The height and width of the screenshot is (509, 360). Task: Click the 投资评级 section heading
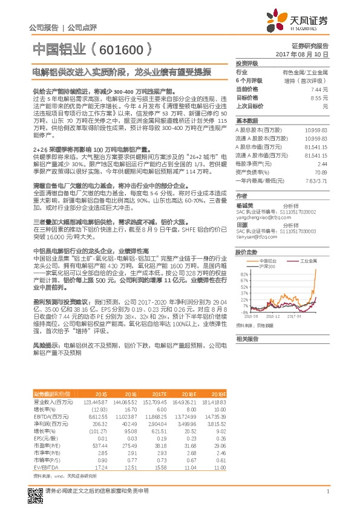[x=247, y=63]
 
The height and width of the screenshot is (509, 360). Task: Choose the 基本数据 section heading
[x=247, y=120]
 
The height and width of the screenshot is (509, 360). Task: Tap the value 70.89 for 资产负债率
[x=321, y=172]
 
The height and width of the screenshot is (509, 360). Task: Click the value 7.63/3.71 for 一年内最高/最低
[x=317, y=181]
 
